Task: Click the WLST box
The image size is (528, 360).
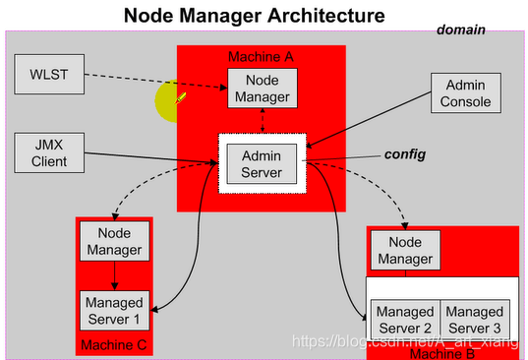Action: point(47,73)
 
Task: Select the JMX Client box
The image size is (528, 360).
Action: point(47,152)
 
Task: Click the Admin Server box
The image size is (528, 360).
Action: point(262,162)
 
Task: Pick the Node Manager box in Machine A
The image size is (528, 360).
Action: point(262,88)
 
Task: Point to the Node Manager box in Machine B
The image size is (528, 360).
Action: point(404,250)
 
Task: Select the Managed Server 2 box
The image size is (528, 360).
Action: point(404,319)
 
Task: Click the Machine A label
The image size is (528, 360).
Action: point(260,55)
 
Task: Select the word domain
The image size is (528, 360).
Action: point(462,30)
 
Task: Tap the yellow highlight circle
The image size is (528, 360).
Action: point(172,102)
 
